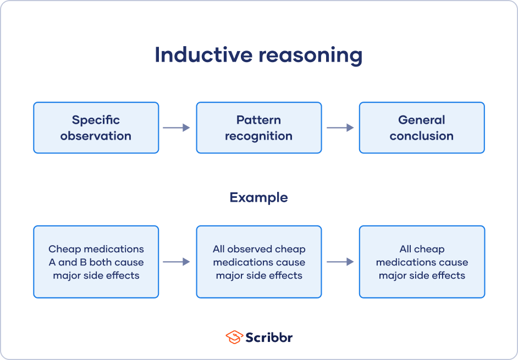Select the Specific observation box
(x=96, y=128)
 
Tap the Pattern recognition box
(x=258, y=128)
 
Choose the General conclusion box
(x=422, y=128)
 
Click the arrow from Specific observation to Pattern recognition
(x=177, y=128)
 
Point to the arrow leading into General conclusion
(x=340, y=128)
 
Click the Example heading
(x=258, y=197)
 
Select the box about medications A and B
(x=96, y=262)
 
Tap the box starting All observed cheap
(x=258, y=262)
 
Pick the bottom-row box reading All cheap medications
(x=422, y=262)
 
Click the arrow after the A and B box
(x=177, y=262)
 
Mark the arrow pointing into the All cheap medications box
(x=340, y=262)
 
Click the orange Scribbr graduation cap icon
(x=234, y=337)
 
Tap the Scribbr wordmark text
(x=269, y=337)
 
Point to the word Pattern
(x=258, y=120)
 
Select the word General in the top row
(x=422, y=120)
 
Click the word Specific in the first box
(x=96, y=120)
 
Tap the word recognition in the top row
(x=258, y=136)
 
